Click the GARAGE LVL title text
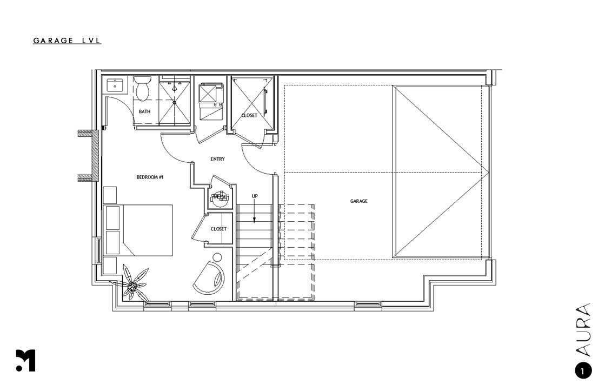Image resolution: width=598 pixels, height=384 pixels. [x=67, y=41]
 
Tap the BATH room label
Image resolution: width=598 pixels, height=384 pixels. [x=145, y=112]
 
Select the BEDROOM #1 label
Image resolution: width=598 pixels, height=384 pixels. [x=150, y=177]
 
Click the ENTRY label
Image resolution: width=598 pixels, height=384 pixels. [x=217, y=159]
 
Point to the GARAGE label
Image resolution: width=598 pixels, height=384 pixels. [x=358, y=201]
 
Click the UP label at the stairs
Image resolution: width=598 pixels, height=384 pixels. [x=255, y=196]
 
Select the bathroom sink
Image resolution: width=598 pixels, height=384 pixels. [x=115, y=85]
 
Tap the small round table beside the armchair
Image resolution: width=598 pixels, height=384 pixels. [x=217, y=257]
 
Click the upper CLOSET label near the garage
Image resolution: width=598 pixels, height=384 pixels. [x=249, y=115]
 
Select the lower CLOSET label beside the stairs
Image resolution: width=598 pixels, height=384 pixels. [x=218, y=229]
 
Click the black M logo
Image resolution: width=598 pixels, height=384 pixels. [x=25, y=361]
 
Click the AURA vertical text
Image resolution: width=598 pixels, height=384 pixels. [x=583, y=331]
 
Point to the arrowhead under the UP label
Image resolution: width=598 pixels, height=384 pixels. [x=255, y=220]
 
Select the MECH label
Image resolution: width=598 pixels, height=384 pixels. [x=220, y=197]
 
